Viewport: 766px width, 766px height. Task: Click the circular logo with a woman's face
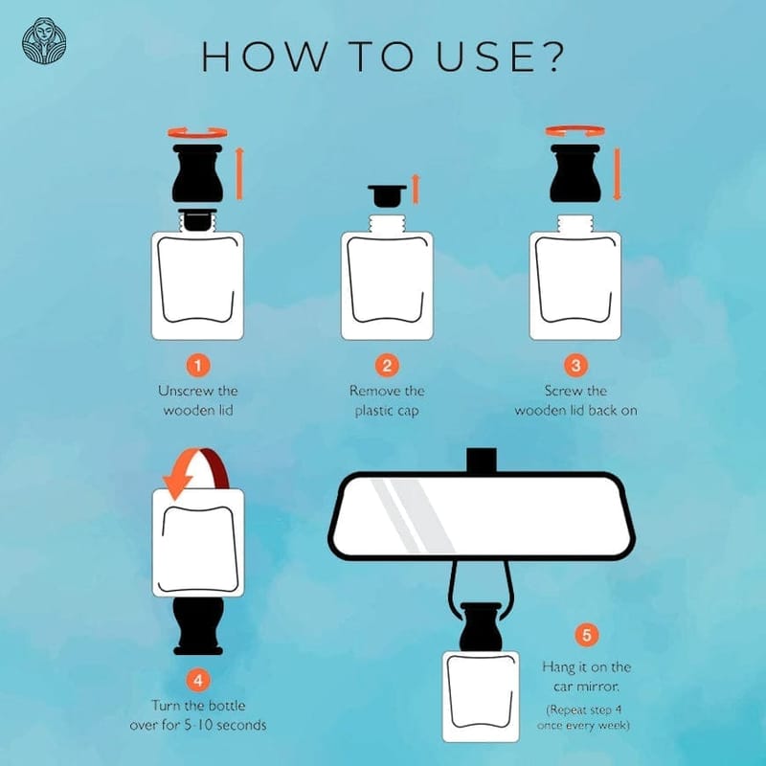click(43, 41)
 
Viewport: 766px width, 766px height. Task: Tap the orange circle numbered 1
click(198, 366)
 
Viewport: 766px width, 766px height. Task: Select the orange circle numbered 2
click(387, 366)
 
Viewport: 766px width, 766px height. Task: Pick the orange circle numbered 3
click(575, 366)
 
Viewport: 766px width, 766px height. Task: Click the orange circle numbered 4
click(198, 681)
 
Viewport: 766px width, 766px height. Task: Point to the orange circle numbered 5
click(586, 635)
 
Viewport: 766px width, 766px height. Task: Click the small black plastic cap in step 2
click(387, 194)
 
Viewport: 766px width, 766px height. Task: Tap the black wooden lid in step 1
click(197, 173)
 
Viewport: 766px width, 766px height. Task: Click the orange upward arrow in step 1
click(239, 174)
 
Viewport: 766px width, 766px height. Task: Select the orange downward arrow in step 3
click(617, 174)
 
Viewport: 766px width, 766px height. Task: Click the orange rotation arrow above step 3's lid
click(575, 131)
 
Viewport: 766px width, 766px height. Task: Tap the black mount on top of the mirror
click(482, 461)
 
